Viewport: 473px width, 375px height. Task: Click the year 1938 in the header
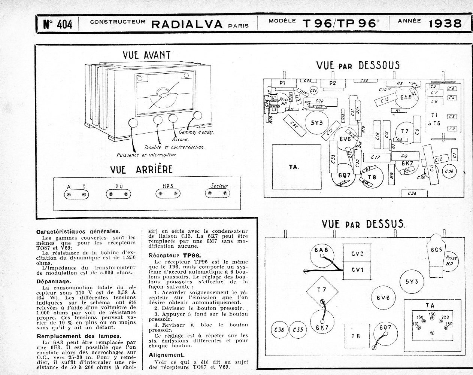445,24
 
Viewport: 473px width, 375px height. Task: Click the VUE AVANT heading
147,55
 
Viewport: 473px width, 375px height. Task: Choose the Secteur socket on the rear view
217,193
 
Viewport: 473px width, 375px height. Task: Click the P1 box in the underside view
283,83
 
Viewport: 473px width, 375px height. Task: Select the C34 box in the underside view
412,193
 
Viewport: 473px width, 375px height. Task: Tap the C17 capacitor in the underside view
376,158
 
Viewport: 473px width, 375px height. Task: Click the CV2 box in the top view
357,253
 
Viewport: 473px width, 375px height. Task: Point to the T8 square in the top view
356,336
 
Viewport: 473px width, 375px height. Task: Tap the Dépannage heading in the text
54,281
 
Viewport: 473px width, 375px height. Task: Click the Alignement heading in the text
167,355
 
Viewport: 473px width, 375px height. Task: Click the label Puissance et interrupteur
146,154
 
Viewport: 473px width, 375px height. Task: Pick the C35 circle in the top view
298,330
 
